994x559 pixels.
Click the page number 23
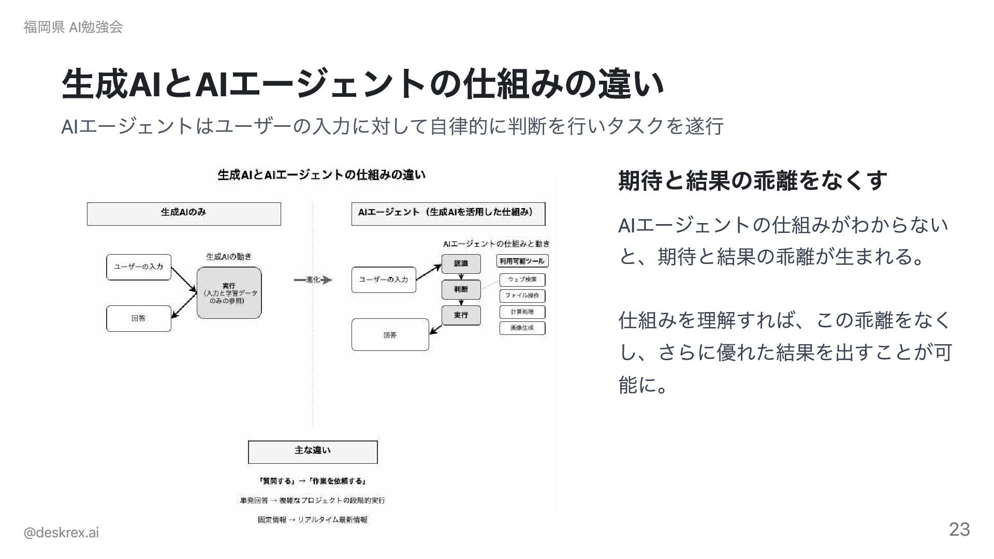point(959,529)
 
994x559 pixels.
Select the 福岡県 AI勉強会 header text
point(73,27)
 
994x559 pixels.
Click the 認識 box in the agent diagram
point(461,263)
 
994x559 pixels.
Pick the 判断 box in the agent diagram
point(461,289)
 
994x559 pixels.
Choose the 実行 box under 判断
point(461,315)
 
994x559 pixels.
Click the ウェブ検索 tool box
point(522,279)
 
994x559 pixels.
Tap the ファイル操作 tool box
point(522,296)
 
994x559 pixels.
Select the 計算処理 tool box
point(522,312)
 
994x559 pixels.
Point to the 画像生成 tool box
point(522,328)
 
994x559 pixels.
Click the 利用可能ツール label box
point(522,261)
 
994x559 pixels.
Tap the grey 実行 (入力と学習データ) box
point(229,293)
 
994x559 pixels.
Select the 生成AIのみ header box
point(184,214)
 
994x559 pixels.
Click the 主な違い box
point(313,452)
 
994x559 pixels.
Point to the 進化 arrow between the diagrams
point(313,280)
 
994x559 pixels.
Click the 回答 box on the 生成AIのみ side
point(138,318)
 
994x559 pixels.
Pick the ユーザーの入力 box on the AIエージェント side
point(384,279)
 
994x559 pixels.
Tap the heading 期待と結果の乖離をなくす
point(752,181)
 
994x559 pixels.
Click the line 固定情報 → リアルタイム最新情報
point(313,520)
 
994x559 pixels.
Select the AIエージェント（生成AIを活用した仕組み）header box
point(448,214)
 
